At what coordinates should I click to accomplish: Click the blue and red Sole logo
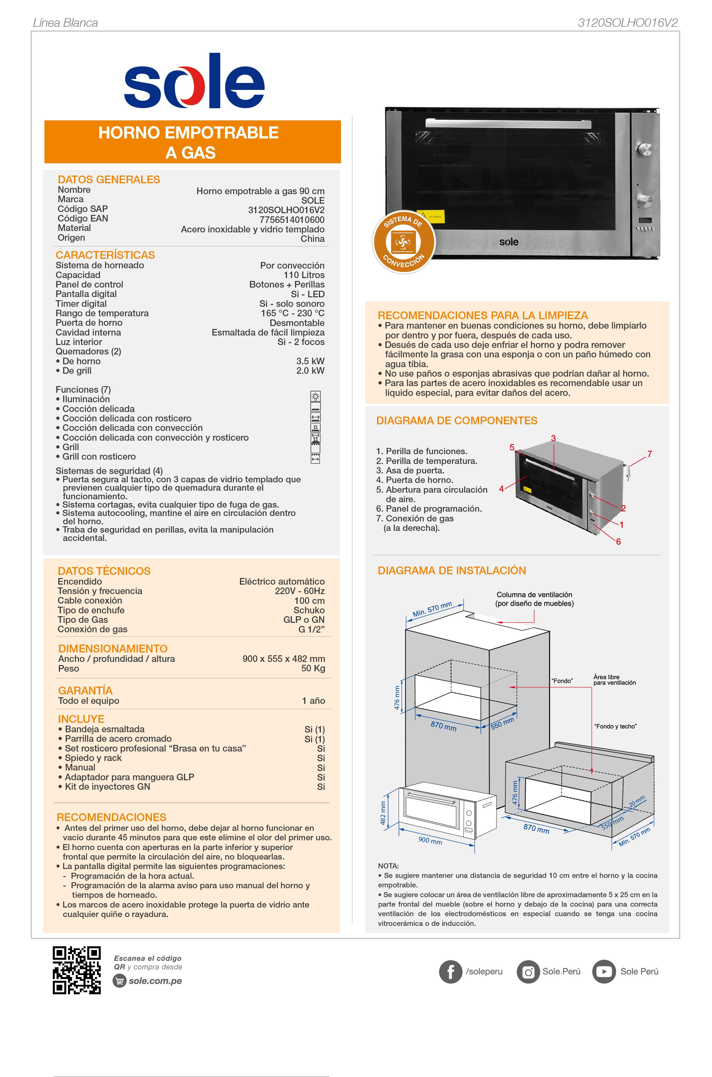pos(194,82)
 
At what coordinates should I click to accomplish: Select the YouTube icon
pos(604,972)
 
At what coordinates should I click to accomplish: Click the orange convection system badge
pos(403,242)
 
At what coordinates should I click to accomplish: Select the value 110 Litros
pos(304,275)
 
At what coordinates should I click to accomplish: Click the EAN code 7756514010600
pos(292,219)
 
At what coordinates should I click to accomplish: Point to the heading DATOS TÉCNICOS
pos(104,571)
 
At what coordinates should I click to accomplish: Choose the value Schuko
pos(309,610)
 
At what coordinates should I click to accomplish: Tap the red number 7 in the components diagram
pos(650,454)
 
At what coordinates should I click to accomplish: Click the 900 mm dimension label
pos(430,840)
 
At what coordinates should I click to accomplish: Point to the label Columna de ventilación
pos(534,594)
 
